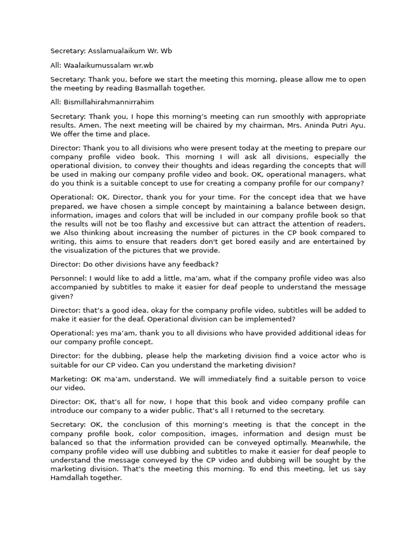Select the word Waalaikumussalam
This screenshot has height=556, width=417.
98,65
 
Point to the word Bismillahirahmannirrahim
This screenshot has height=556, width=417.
109,102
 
